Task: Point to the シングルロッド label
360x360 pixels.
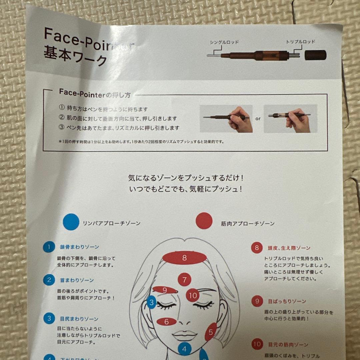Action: tap(224, 42)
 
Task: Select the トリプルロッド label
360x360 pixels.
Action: tap(300, 42)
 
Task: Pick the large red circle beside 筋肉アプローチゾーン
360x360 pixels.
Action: tap(204, 221)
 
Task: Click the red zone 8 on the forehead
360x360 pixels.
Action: tap(185, 258)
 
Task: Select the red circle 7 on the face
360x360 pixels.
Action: tap(184, 279)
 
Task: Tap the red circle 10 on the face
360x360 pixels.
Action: tap(193, 295)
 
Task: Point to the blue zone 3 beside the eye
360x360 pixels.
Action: tap(152, 303)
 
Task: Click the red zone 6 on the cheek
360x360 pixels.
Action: tap(166, 321)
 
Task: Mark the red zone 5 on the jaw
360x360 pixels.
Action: tap(211, 332)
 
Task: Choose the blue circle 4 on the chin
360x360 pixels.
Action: tap(184, 349)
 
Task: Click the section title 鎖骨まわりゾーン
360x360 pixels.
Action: tap(79, 247)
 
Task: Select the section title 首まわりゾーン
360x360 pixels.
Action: tap(77, 280)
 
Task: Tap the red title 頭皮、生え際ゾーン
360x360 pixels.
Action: tap(289, 248)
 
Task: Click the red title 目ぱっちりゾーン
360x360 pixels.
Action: tap(287, 301)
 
